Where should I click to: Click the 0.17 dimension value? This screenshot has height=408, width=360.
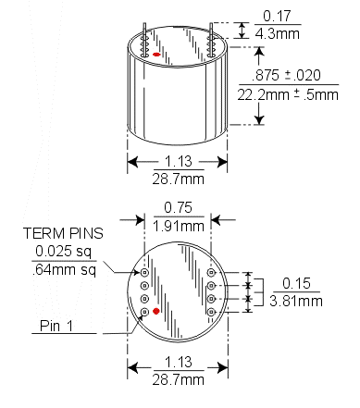point(277,16)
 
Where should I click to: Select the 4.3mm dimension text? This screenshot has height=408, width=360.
point(278,33)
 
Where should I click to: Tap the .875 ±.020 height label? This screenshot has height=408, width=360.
point(286,75)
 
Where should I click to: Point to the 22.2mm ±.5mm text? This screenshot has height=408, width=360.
point(288,94)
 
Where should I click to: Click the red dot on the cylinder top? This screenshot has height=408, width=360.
point(156,55)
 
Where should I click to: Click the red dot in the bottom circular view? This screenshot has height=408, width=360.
point(156,311)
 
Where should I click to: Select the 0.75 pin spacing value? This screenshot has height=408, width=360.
point(178,207)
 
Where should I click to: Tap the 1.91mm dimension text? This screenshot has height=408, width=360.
point(179,227)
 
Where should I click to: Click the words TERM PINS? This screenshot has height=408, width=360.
point(63,233)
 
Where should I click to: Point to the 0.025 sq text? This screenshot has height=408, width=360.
point(63,252)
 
